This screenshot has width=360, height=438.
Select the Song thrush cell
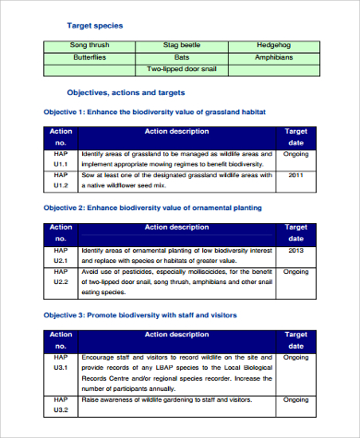pos(90,44)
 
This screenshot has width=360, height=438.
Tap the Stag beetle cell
pos(182,44)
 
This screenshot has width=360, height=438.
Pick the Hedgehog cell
pos(274,44)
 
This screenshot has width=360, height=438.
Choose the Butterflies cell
pos(90,56)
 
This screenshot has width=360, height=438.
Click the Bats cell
pos(182,56)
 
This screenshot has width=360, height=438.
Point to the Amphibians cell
pos(274,56)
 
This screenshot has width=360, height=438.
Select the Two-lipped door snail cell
pos(182,68)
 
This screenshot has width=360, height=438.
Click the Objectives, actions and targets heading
pos(126,93)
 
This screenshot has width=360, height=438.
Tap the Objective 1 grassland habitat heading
pos(155,112)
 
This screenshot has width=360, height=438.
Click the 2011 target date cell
pos(295,174)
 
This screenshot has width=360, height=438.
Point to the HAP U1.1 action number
pos(60,159)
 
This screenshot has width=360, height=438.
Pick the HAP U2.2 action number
pos(60,277)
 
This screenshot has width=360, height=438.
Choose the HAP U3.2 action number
pos(60,405)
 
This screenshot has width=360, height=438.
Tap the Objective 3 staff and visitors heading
pos(140,315)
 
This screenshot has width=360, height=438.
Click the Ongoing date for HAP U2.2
pos(295,272)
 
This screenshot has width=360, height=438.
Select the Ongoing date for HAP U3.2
pos(295,400)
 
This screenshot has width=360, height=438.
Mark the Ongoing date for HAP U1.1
pos(295,153)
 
